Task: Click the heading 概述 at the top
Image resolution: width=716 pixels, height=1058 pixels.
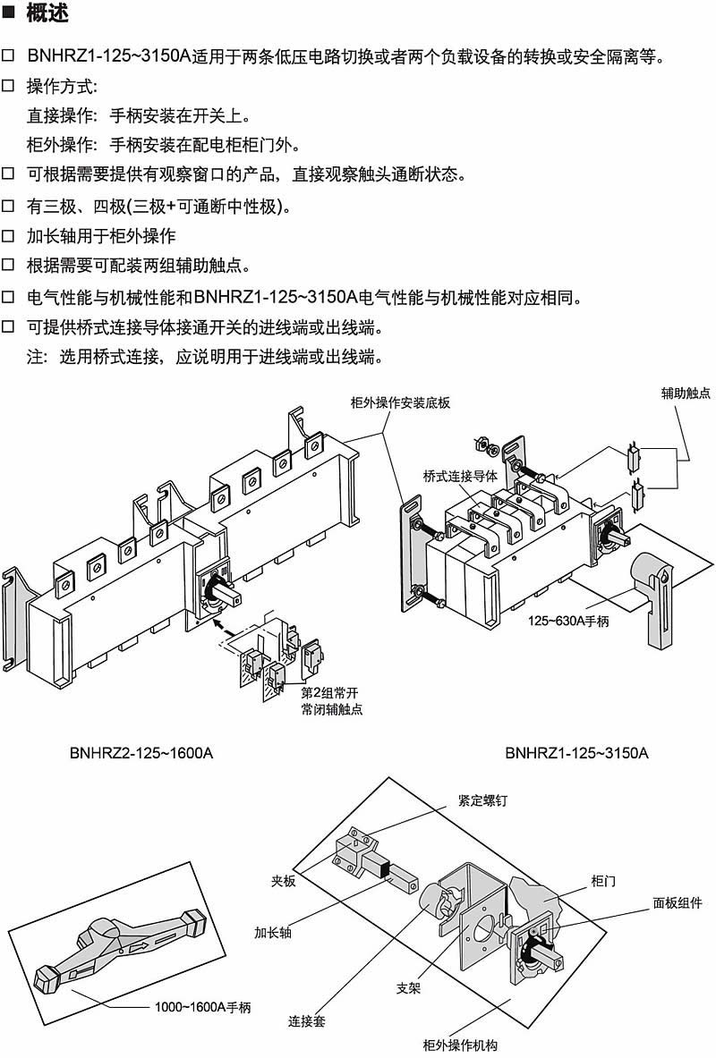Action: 47,15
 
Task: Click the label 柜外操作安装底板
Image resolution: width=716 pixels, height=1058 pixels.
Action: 387,402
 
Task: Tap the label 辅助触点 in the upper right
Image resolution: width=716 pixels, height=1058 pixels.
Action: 686,393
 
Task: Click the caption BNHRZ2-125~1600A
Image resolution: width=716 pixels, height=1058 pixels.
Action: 141,753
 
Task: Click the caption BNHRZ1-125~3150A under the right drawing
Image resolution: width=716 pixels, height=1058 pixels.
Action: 576,753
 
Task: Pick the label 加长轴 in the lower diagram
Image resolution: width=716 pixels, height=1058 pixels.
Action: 272,930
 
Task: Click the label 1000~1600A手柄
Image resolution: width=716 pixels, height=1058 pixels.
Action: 202,1007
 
